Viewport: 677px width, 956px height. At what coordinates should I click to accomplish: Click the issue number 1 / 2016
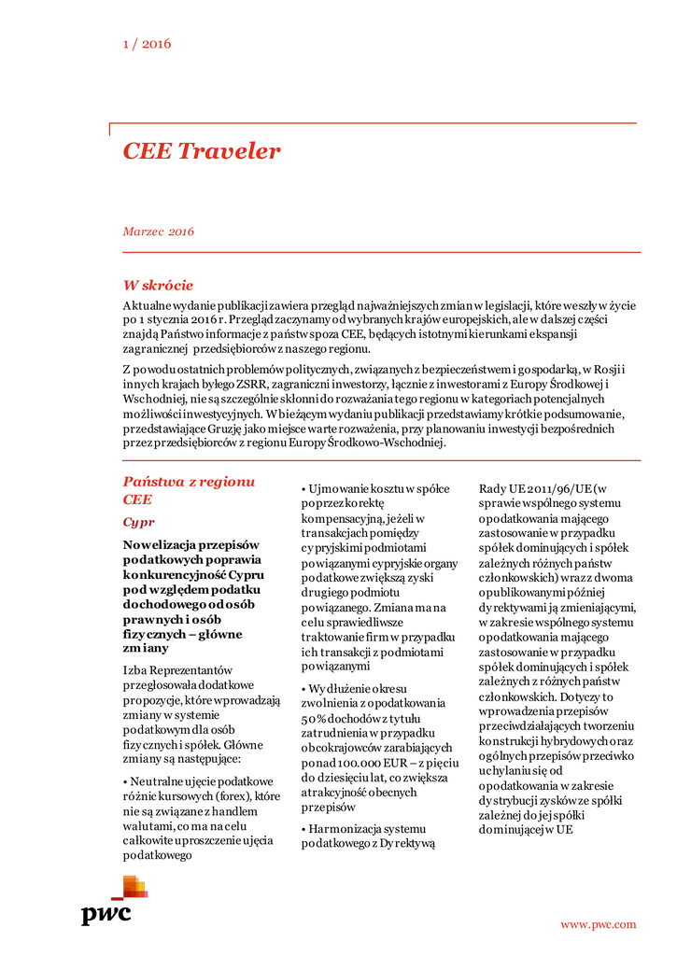pyautogui.click(x=147, y=43)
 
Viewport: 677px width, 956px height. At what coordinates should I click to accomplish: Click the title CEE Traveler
pyautogui.click(x=202, y=151)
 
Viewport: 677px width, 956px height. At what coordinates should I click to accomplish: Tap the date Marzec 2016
pyautogui.click(x=158, y=232)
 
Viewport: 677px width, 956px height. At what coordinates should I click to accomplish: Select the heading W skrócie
pyautogui.click(x=158, y=285)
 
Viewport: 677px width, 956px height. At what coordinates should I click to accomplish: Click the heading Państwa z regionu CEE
pyautogui.click(x=189, y=490)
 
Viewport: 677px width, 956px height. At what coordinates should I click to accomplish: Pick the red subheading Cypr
pyautogui.click(x=139, y=522)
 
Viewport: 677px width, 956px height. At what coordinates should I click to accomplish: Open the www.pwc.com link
pyautogui.click(x=598, y=924)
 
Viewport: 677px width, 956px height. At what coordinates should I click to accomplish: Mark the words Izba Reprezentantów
pyautogui.click(x=178, y=670)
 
